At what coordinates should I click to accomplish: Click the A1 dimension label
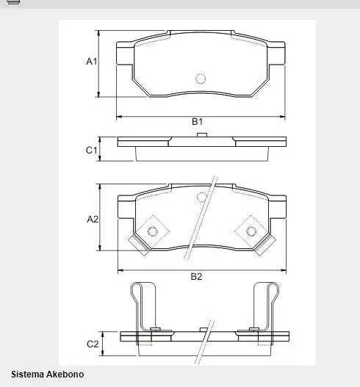click(92, 62)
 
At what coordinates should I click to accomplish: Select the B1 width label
click(197, 122)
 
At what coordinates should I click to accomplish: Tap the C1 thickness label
click(92, 150)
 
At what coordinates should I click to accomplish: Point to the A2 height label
click(93, 219)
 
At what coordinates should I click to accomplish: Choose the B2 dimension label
click(196, 277)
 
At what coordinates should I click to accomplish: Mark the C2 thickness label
click(93, 344)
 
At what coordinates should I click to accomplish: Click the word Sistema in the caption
click(27, 375)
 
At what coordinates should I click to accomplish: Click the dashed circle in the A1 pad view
click(200, 79)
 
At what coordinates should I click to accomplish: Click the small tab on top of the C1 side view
click(203, 135)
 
